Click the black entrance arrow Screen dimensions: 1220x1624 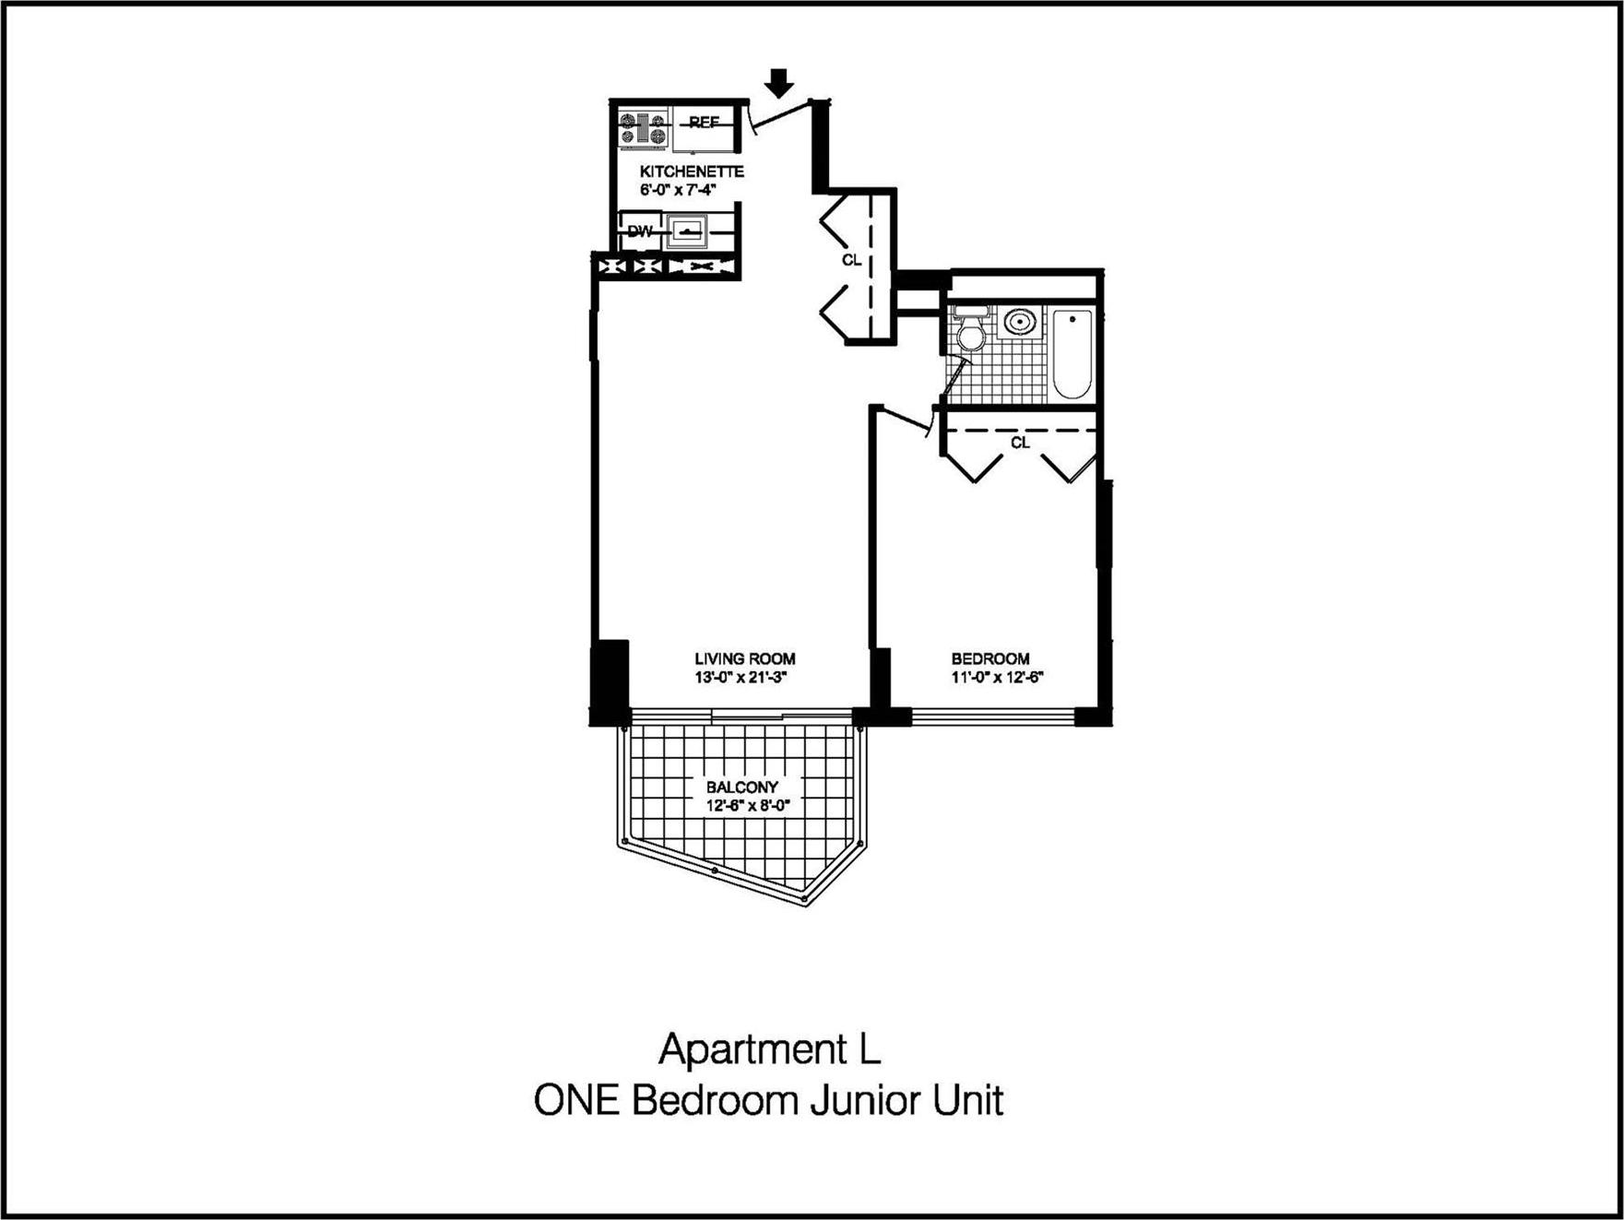coord(780,83)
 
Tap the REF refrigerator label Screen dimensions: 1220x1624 coord(704,123)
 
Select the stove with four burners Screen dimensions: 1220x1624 coord(643,129)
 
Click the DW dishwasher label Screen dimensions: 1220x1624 coord(639,231)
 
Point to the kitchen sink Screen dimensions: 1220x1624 coord(687,231)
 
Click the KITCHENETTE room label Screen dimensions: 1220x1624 coord(692,172)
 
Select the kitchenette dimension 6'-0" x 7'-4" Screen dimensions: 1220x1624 coord(678,190)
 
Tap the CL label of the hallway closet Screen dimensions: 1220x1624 coord(851,261)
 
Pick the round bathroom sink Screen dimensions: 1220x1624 coord(1019,323)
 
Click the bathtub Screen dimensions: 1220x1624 coord(1072,353)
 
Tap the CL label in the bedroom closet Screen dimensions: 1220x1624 coord(1020,444)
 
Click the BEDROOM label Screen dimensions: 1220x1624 coord(990,659)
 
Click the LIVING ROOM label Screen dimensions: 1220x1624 coord(744,659)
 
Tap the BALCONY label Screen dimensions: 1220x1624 coord(741,788)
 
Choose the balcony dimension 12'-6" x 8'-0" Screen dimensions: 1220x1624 coord(748,805)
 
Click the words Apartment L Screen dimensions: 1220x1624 coord(769,1050)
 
